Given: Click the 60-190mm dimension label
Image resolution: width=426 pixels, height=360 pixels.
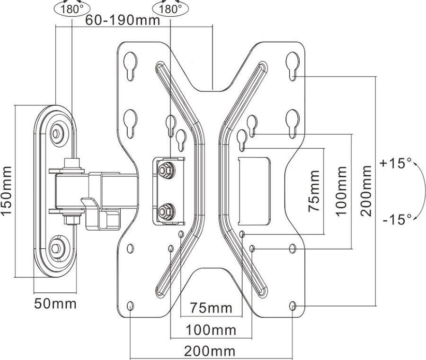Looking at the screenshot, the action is pos(123,20).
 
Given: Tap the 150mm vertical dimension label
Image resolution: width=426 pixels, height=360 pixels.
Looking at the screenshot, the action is pos(7,190).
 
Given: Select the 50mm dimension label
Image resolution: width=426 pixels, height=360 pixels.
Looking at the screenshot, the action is pos(55,304).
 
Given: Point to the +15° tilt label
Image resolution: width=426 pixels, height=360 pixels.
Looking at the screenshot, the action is pos(396,163).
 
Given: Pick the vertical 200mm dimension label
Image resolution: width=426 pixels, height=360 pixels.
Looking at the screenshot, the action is pos(366,190).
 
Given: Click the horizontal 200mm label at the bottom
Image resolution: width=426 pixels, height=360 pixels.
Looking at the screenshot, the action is pos(210,351).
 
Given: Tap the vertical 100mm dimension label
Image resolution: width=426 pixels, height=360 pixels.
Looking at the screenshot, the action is pos(341,191).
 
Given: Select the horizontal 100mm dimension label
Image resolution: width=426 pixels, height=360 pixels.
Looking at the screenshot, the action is pos(211,330).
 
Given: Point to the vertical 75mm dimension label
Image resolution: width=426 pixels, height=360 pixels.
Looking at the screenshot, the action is pos(314,191).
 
